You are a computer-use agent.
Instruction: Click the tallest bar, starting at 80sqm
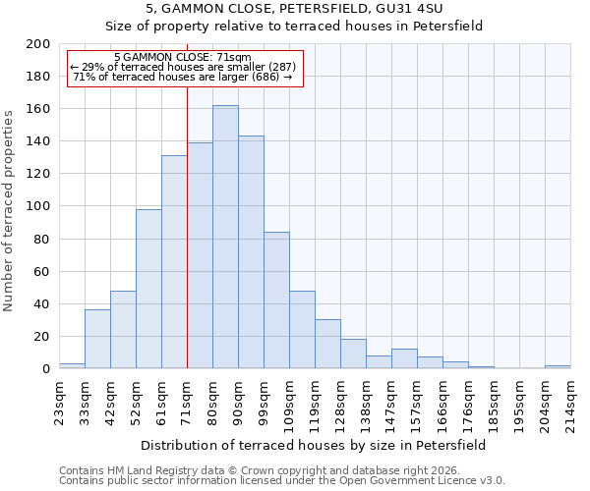pyautogui.click(x=225, y=237)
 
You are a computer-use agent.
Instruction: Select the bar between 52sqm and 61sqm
pyautogui.click(x=148, y=289)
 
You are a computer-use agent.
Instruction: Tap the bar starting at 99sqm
pyautogui.click(x=276, y=300)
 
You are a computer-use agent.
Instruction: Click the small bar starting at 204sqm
pyautogui.click(x=558, y=366)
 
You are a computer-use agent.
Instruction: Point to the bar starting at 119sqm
pyautogui.click(x=327, y=344)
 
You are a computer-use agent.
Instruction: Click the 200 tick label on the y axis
pyautogui.click(x=38, y=44)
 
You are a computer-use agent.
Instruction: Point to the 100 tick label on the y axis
pyautogui.click(x=38, y=206)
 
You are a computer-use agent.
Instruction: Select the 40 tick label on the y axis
pyautogui.click(x=42, y=303)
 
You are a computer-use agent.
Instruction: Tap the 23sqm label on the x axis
pyautogui.click(x=59, y=402)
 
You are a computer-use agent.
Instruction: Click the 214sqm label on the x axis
pyautogui.click(x=570, y=405)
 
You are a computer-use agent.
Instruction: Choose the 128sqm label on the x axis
pyautogui.click(x=340, y=405)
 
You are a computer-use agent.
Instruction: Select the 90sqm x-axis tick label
pyautogui.click(x=238, y=402)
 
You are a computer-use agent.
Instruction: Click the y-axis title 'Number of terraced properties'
pyautogui.click(x=10, y=210)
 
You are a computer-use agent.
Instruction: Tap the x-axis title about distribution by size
pyautogui.click(x=315, y=445)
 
